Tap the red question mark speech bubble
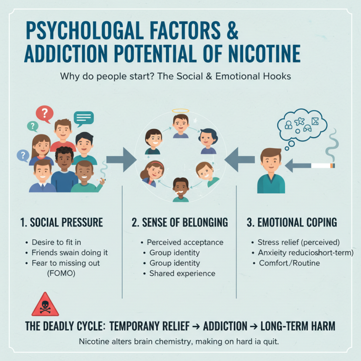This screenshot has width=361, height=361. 44,113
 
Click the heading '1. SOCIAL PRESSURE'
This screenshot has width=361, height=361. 62,222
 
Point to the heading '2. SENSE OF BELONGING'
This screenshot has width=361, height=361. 180,222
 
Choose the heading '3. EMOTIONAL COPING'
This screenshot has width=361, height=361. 292,222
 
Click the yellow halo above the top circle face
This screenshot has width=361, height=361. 180,111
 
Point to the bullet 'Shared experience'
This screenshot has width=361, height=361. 182,273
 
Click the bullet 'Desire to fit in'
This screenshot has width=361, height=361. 56,242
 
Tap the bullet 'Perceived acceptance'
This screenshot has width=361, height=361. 185,242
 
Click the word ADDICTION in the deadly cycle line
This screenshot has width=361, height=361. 225,326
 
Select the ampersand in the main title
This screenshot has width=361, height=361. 230,32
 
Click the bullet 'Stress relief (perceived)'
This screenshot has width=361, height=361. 298,242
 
